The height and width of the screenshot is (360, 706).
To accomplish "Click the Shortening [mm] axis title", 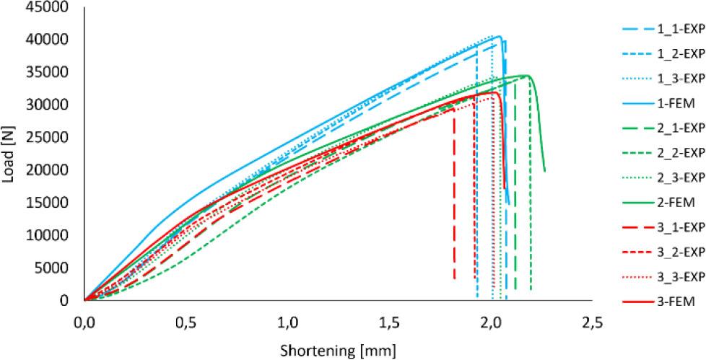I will (338, 349).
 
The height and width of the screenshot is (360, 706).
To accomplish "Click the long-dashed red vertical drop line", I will (454, 195).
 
